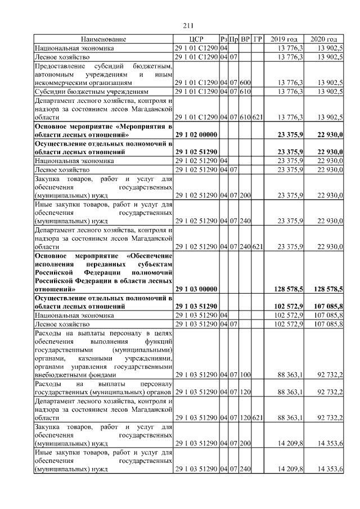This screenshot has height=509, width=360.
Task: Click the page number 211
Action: (x=188, y=25)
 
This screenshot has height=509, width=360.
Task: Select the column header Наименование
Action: (x=103, y=39)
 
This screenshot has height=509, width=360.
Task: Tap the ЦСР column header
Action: (x=196, y=39)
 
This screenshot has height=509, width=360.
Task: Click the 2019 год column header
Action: (x=284, y=39)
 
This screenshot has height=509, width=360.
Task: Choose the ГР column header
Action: (x=258, y=39)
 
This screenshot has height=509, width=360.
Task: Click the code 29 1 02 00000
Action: (x=196, y=136)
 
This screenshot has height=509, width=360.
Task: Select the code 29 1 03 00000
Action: (x=196, y=289)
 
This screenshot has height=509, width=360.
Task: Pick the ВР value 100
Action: (x=245, y=375)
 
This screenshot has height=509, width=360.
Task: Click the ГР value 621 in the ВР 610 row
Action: (x=258, y=117)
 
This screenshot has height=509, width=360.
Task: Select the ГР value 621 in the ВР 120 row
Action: (x=258, y=418)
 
